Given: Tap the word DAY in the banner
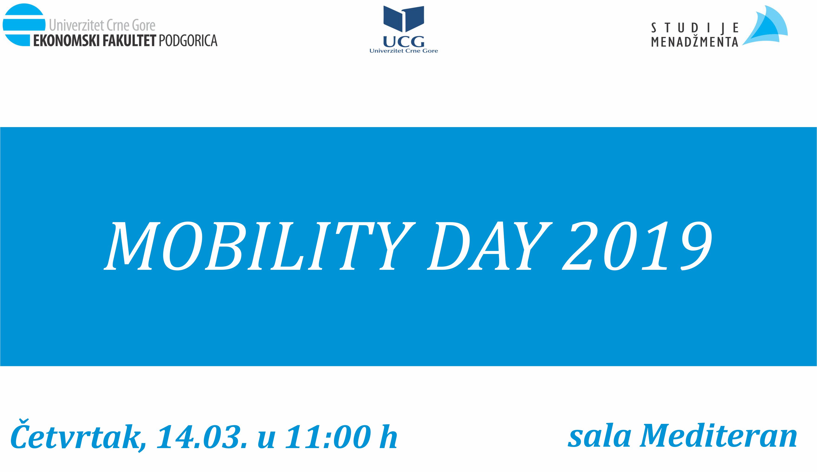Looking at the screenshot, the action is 489,246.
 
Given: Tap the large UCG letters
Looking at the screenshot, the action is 404,41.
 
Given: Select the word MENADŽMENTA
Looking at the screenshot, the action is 695,42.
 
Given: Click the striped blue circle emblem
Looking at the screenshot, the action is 24,25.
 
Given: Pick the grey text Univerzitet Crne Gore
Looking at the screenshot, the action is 102,26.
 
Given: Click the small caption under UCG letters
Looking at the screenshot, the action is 404,51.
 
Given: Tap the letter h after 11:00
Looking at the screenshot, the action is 389,436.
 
